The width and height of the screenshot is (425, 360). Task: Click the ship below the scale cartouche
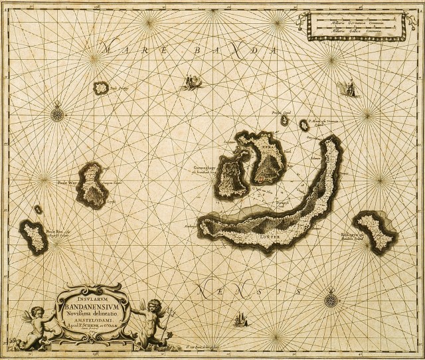point(348,88)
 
